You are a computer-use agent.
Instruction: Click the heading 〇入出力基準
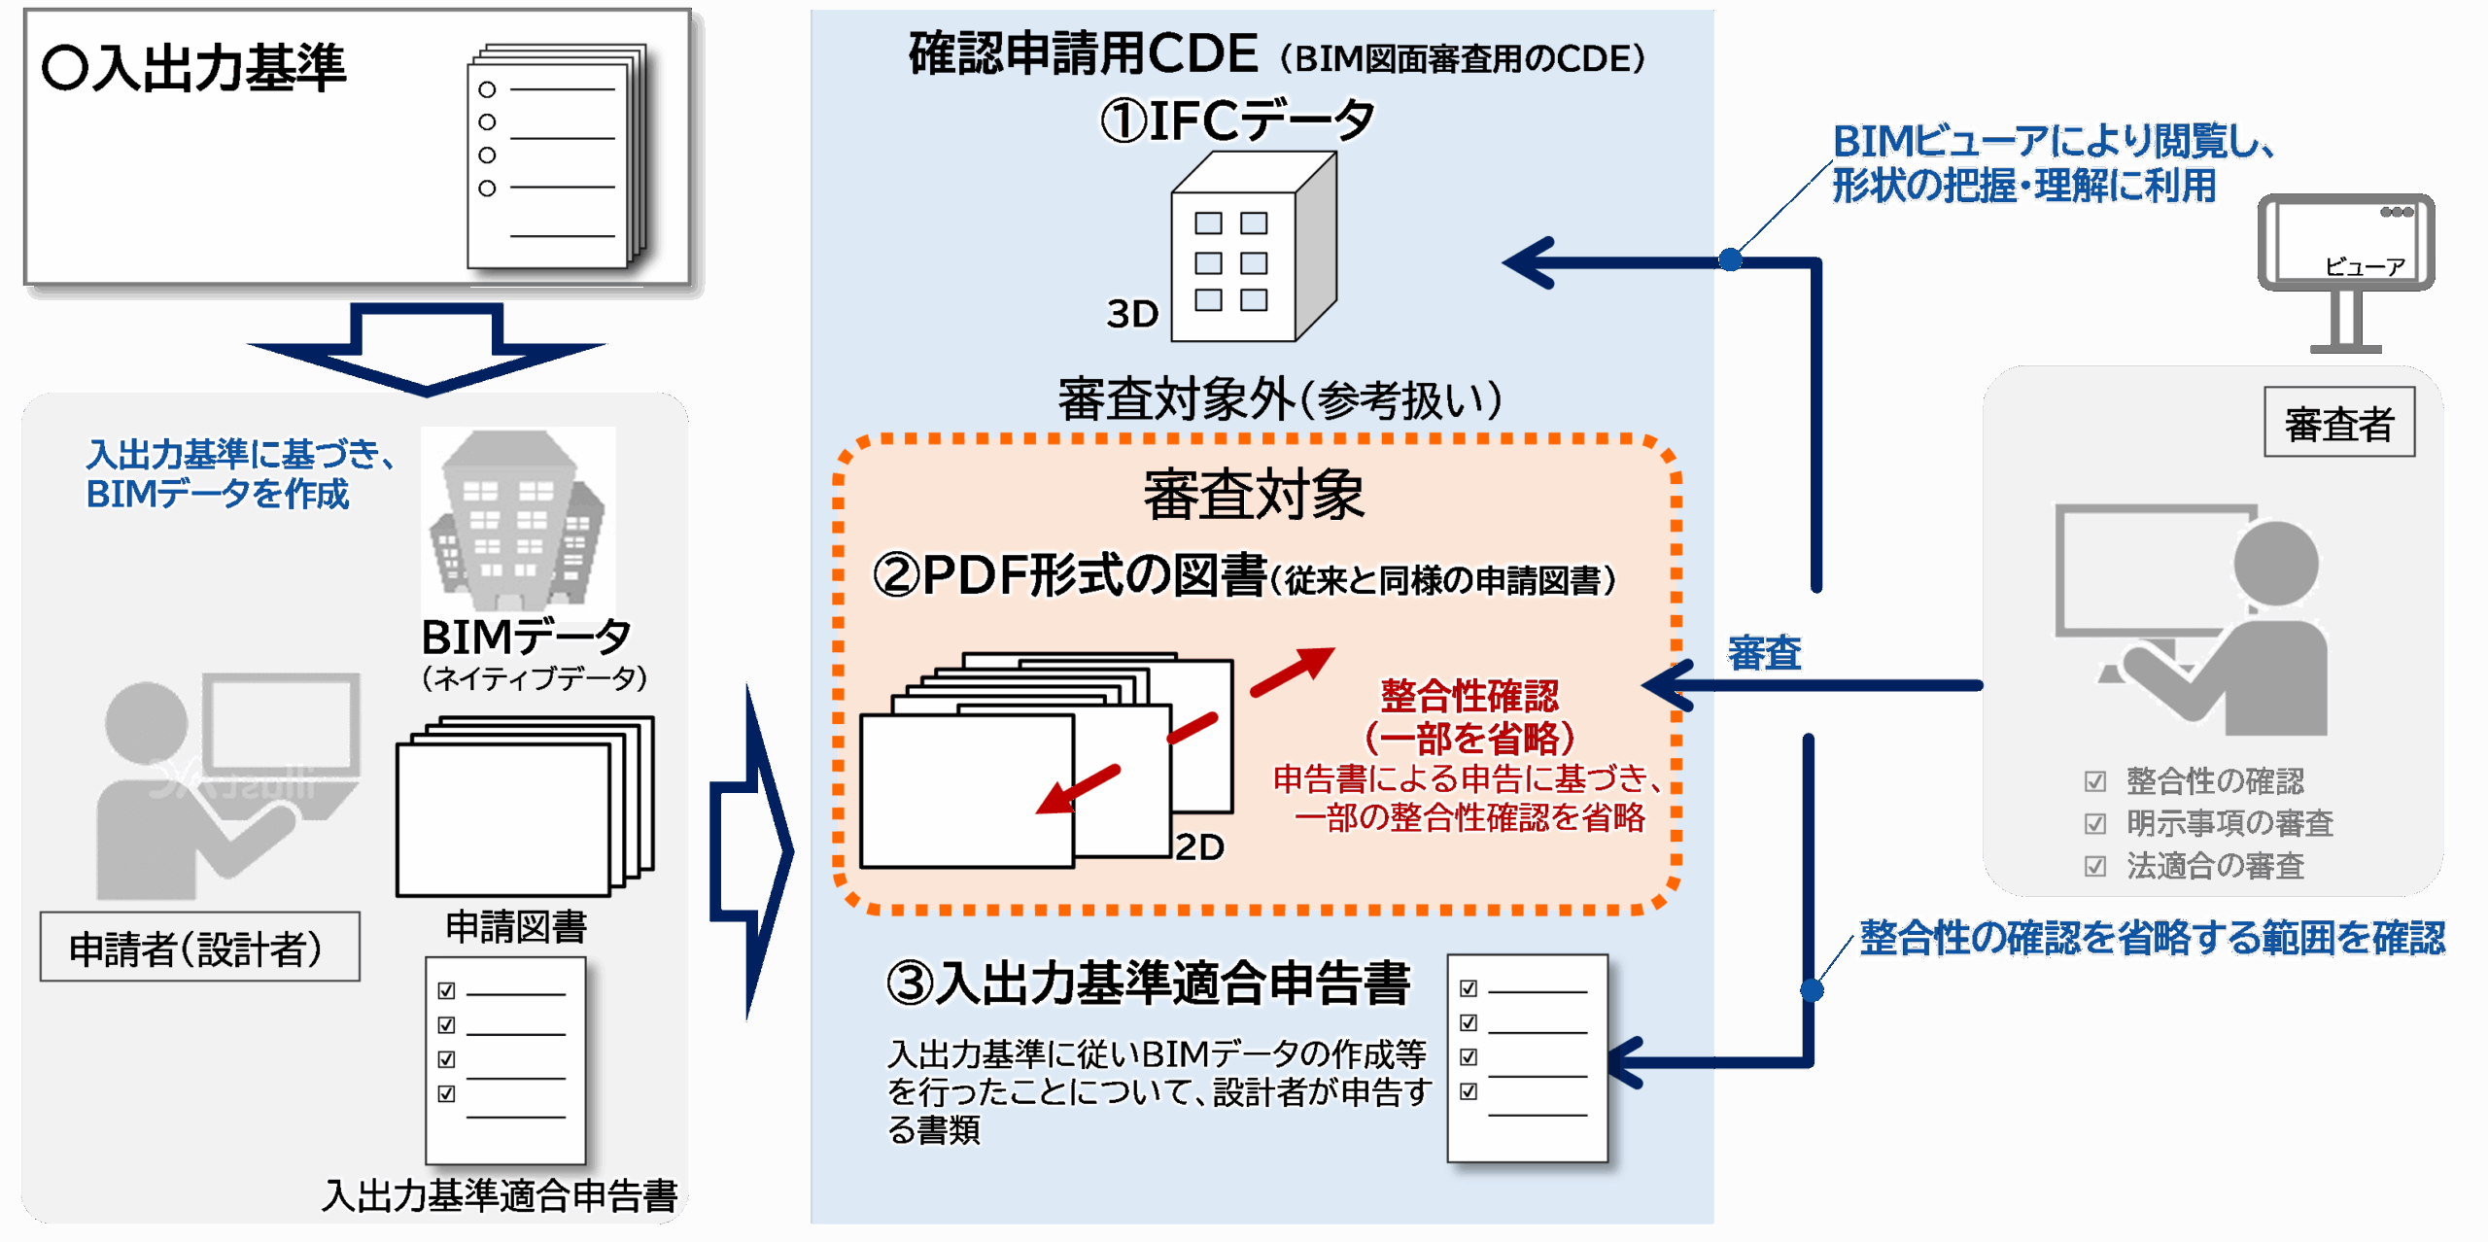193,69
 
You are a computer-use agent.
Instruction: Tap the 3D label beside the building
1132,314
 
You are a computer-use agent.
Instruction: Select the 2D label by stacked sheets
1199,847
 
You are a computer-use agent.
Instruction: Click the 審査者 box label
2338,424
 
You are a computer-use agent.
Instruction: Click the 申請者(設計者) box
199,948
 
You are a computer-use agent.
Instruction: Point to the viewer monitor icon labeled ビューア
2345,248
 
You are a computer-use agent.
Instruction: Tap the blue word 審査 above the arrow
1765,652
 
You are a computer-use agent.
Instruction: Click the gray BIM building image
518,520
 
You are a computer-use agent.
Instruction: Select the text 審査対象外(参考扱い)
1280,399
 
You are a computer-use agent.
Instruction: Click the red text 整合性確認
1469,696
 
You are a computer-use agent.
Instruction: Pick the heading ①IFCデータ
1237,121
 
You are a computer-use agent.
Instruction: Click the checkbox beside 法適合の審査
2095,866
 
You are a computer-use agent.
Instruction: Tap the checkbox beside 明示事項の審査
2095,824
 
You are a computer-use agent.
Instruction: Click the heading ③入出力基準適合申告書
1148,983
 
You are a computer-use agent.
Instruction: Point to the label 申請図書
516,927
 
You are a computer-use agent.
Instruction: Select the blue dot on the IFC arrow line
1730,259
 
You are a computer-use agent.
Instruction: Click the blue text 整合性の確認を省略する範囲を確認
2152,938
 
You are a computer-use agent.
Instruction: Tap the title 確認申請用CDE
1083,54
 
